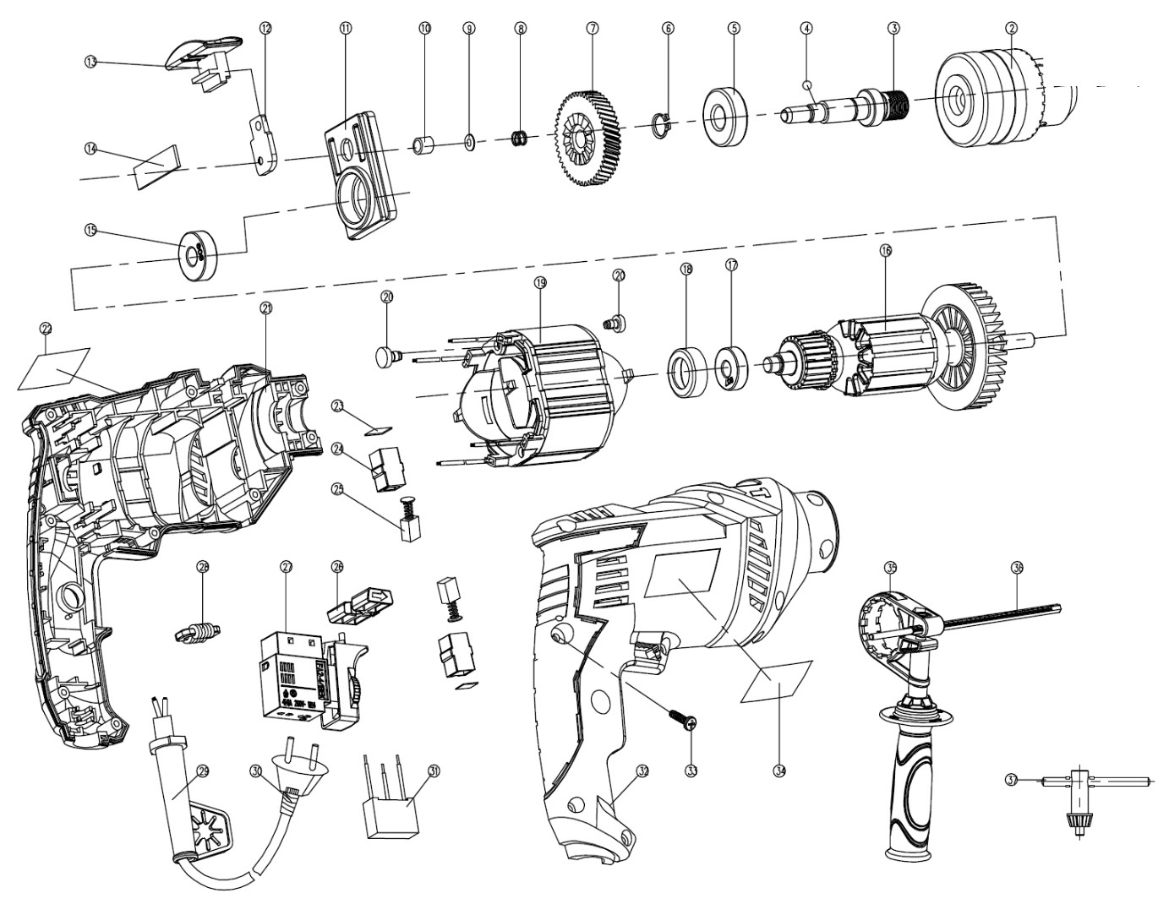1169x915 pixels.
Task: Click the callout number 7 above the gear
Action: pyautogui.click(x=592, y=28)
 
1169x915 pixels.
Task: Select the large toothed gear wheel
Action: pyautogui.click(x=583, y=137)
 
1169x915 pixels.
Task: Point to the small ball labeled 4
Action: pyautogui.click(x=808, y=84)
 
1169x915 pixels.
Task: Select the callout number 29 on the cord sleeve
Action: pyautogui.click(x=202, y=771)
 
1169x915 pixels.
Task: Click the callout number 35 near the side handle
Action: pyautogui.click(x=889, y=566)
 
